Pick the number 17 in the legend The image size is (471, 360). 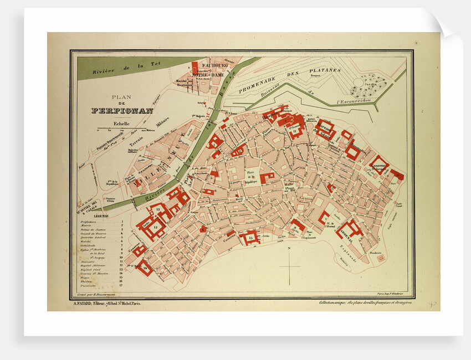[121, 286]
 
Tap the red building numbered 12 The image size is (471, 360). [155, 228]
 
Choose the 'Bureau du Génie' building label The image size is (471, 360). [326, 131]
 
